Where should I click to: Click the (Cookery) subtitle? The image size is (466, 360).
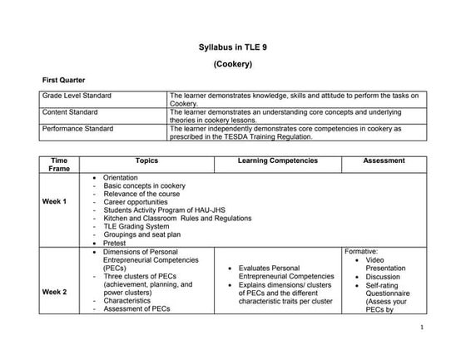pyautogui.click(x=233, y=63)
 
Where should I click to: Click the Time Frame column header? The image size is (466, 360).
pyautogui.click(x=59, y=163)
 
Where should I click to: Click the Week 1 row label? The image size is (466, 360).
pyautogui.click(x=54, y=202)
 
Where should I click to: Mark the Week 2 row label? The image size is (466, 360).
pyautogui.click(x=54, y=292)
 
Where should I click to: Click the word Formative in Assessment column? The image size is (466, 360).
pyautogui.click(x=361, y=250)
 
